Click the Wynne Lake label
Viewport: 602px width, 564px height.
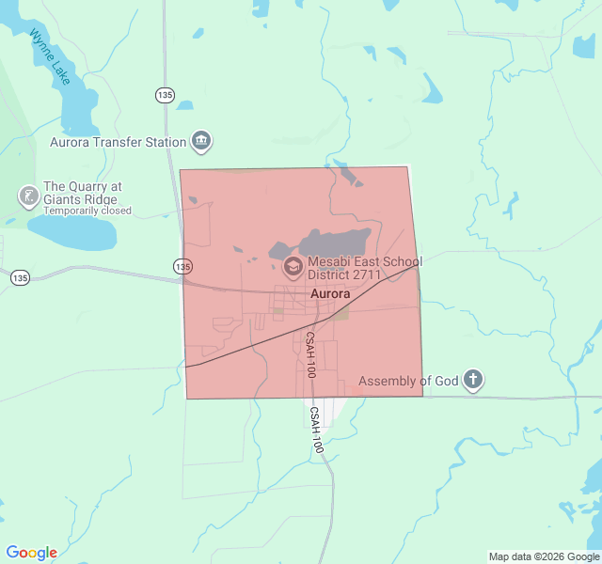point(49,57)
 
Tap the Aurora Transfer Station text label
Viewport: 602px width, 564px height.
point(118,143)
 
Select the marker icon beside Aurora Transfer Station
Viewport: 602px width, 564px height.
point(201,142)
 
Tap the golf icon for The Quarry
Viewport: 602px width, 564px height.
point(28,196)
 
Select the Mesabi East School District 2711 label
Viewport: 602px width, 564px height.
point(365,268)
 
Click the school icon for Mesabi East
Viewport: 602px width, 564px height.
point(293,268)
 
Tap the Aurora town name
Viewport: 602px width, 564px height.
point(329,293)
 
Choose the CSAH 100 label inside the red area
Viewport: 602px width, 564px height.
point(309,354)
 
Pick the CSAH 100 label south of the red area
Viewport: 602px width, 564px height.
point(316,431)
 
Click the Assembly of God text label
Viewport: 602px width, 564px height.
point(407,381)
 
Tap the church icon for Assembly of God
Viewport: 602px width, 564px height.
point(473,381)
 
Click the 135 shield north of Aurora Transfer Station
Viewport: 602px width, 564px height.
point(166,95)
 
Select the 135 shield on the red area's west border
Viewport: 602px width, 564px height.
point(182,267)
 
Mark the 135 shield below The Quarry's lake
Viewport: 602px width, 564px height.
point(21,277)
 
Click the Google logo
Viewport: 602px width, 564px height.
point(31,553)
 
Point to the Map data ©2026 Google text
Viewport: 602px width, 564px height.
point(544,556)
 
